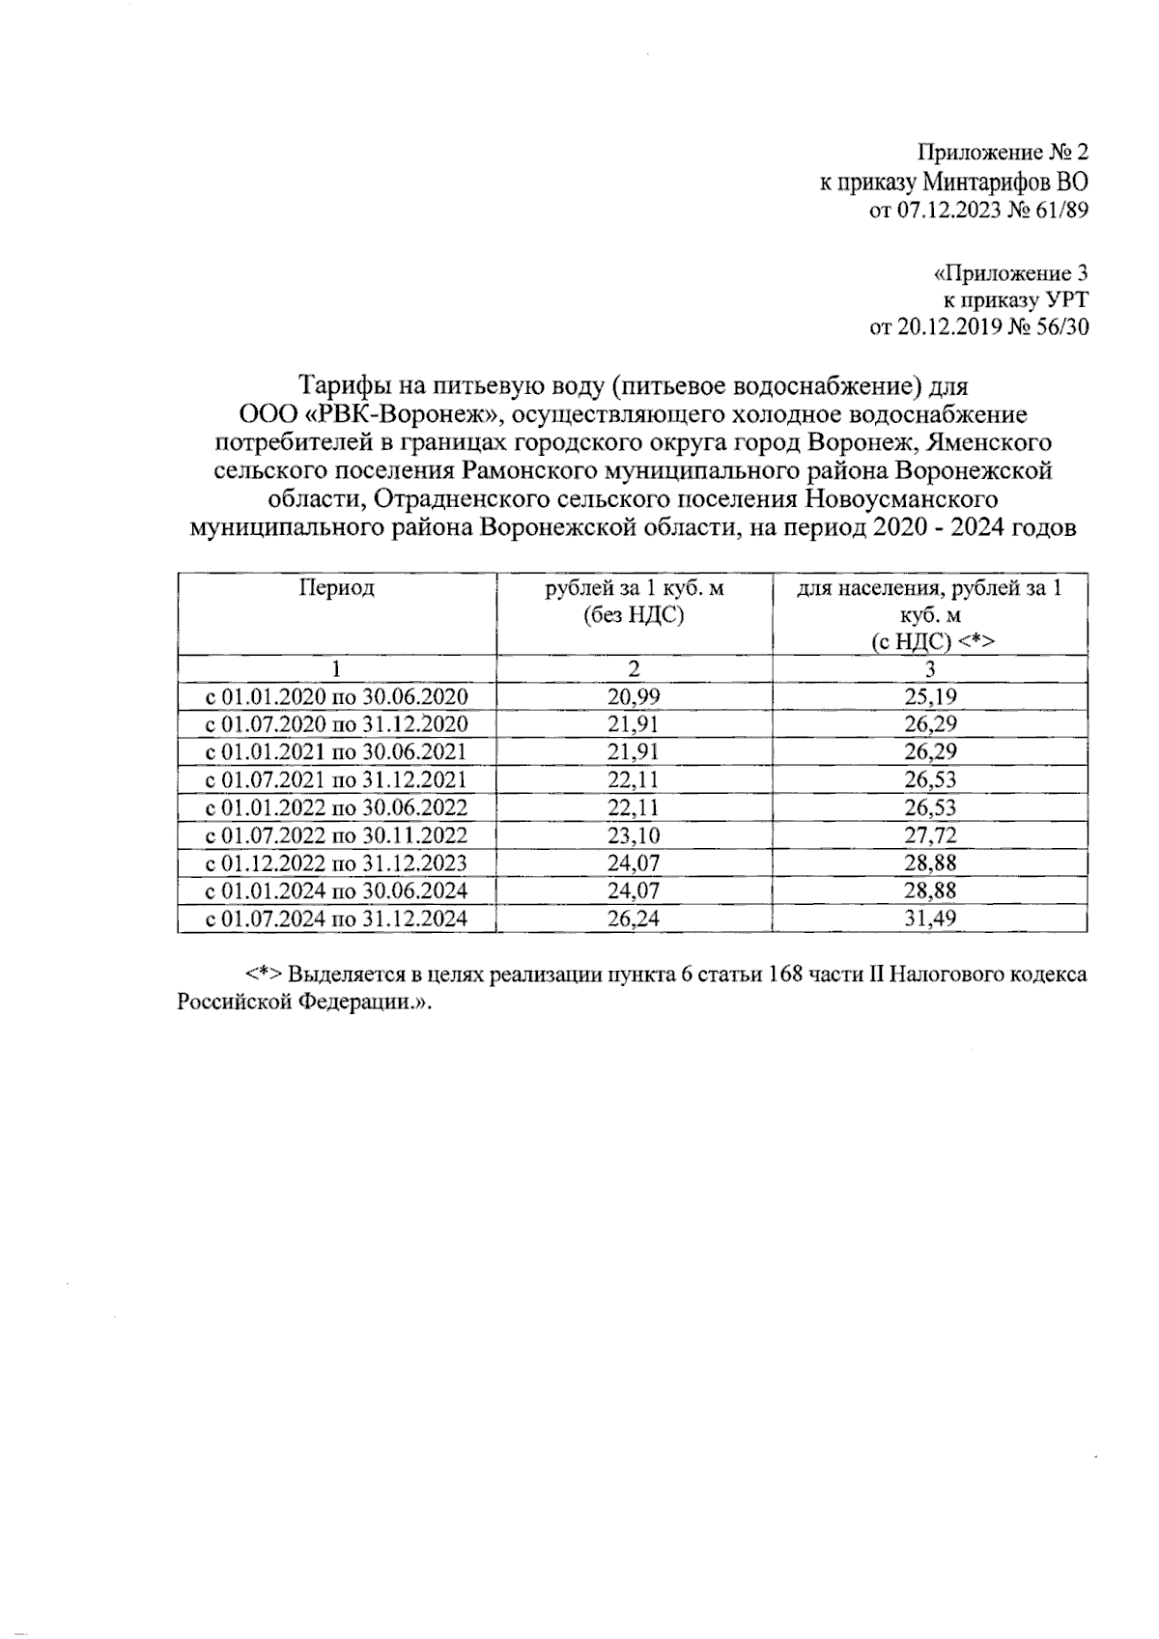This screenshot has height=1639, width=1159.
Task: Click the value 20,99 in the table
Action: [x=634, y=696]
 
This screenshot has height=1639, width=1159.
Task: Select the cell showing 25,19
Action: [x=930, y=696]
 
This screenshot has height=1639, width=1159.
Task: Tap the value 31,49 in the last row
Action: [x=930, y=918]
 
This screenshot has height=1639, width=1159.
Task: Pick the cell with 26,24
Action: [x=634, y=918]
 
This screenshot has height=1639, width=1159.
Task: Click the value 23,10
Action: [x=634, y=835]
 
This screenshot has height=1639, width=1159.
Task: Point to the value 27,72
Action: [x=930, y=835]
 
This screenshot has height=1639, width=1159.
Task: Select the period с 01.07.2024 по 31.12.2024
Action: [x=336, y=918]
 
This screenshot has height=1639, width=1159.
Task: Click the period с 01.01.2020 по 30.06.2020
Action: [x=336, y=696]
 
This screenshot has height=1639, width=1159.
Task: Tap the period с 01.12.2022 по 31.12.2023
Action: [x=336, y=863]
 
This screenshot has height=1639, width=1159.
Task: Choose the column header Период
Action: [x=336, y=588]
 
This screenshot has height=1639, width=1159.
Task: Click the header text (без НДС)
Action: [x=634, y=615]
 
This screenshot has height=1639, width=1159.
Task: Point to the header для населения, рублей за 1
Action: [x=930, y=588]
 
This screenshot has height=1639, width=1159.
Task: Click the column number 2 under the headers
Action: [x=634, y=668]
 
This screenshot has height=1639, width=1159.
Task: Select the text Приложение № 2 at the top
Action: [x=1003, y=153]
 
